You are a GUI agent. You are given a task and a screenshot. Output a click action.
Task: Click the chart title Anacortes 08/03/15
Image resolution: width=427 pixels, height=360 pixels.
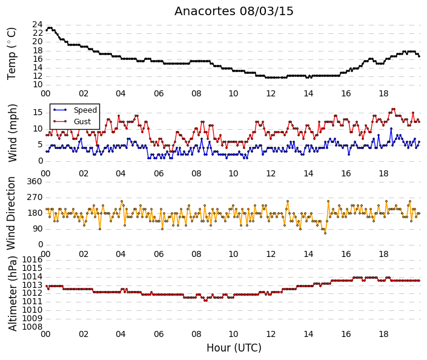coord(234,12)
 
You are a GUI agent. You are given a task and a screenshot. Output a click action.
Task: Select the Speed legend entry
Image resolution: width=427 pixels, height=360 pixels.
coord(76,110)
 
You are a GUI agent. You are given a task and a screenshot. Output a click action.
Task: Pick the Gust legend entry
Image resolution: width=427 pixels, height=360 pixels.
coord(73,122)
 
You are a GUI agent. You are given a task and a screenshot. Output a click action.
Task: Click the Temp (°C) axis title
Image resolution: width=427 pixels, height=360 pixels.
coord(12,54)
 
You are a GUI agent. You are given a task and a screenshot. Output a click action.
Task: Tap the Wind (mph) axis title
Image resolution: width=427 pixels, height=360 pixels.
coord(12,133)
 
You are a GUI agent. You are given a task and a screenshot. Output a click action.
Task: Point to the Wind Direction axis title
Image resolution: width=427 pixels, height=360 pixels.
coord(11,213)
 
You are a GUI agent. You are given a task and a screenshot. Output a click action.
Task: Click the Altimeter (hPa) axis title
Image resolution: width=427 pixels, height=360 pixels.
coord(12,293)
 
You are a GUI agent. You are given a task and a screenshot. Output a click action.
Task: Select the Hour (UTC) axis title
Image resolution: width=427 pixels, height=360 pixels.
coord(234,348)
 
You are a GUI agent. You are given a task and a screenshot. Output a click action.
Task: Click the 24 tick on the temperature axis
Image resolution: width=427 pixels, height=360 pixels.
coord(38,25)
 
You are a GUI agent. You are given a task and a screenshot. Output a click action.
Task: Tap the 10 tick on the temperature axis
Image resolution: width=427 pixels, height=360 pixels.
coord(38,85)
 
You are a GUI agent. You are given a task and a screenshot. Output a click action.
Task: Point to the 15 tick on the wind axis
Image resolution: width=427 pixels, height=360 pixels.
coord(38,113)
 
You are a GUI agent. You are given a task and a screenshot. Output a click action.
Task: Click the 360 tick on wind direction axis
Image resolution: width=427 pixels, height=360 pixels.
coord(35,182)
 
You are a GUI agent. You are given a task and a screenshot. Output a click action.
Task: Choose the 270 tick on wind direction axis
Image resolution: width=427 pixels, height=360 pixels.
coord(35,198)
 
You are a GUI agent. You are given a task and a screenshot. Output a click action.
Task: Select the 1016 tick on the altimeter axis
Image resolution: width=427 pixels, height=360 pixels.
coord(32,260)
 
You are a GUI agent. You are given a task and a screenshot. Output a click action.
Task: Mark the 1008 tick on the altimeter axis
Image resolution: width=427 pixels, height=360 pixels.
coord(32,327)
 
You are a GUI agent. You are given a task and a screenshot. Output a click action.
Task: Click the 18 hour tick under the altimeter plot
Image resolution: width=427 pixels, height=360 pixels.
coord(383,334)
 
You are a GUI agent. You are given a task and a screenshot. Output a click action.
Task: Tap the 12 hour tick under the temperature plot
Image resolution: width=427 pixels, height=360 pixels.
coord(271,93)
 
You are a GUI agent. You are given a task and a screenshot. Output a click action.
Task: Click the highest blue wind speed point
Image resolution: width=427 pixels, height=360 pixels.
coord(391,128)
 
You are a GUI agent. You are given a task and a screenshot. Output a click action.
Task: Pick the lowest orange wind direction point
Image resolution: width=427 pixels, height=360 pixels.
coord(325,233)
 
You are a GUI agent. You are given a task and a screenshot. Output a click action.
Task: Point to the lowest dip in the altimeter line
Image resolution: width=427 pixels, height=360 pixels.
coord(205,301)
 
